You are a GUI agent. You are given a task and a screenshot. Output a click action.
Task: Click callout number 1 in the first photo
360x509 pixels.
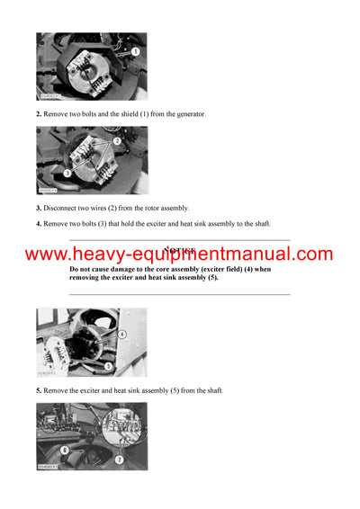tap(135, 53)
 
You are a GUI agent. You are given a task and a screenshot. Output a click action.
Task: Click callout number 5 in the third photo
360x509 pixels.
tap(108, 366)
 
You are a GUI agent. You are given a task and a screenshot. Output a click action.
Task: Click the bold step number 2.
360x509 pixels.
tap(39, 113)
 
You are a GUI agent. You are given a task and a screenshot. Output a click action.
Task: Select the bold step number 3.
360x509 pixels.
tap(39, 208)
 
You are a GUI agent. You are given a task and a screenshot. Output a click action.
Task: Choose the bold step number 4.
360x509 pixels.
tap(39, 224)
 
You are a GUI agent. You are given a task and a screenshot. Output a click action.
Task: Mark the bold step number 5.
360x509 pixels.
tap(39, 390)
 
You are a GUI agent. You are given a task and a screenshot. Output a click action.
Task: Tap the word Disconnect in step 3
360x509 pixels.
tap(63, 208)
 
